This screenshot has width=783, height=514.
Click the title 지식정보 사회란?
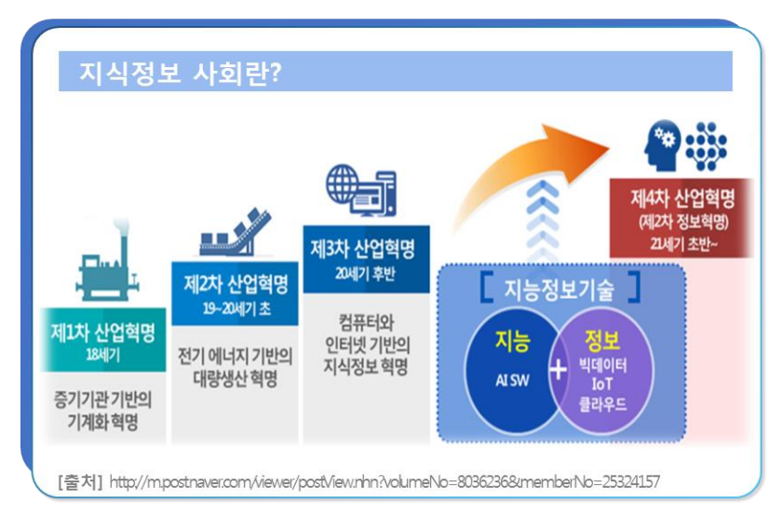(x=181, y=73)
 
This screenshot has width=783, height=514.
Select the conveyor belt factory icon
(x=235, y=232)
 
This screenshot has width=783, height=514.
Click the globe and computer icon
(x=361, y=190)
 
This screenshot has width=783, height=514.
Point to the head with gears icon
(x=663, y=145)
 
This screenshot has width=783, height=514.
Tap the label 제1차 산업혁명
(x=102, y=332)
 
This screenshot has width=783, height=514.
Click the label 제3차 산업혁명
(x=363, y=249)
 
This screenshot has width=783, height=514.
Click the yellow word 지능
(x=512, y=341)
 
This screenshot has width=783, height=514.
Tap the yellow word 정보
(x=602, y=340)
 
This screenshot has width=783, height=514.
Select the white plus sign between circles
(x=558, y=371)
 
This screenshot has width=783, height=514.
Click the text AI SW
(x=512, y=381)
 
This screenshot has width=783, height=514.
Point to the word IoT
(x=601, y=385)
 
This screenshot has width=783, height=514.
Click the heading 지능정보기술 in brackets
(x=559, y=290)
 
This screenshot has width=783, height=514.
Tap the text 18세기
(x=102, y=355)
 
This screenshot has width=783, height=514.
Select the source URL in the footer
(x=385, y=482)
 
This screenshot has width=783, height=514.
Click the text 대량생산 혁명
(x=236, y=378)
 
